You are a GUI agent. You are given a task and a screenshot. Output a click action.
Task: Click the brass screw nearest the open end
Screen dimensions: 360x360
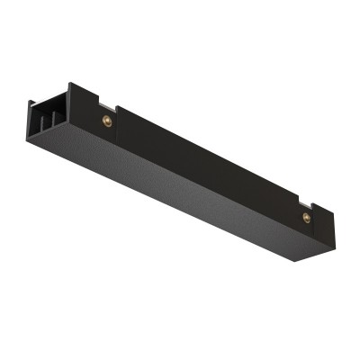tap(108, 121)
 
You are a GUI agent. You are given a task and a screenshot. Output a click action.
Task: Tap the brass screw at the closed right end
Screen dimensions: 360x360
tap(307, 217)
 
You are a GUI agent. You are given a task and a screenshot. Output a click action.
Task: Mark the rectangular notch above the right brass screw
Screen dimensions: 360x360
tap(307, 203)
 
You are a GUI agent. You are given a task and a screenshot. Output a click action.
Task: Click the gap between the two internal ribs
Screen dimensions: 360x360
tap(48, 121)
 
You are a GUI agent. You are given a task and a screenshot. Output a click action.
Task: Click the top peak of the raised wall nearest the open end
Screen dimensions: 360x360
tap(70, 85)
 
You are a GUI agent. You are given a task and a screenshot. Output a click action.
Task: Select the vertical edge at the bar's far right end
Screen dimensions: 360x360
tap(332, 231)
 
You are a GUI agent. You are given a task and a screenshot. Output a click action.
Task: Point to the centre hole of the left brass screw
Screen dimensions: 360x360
tap(108, 121)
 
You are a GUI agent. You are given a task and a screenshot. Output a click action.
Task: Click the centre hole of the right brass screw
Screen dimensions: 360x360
tap(307, 217)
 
